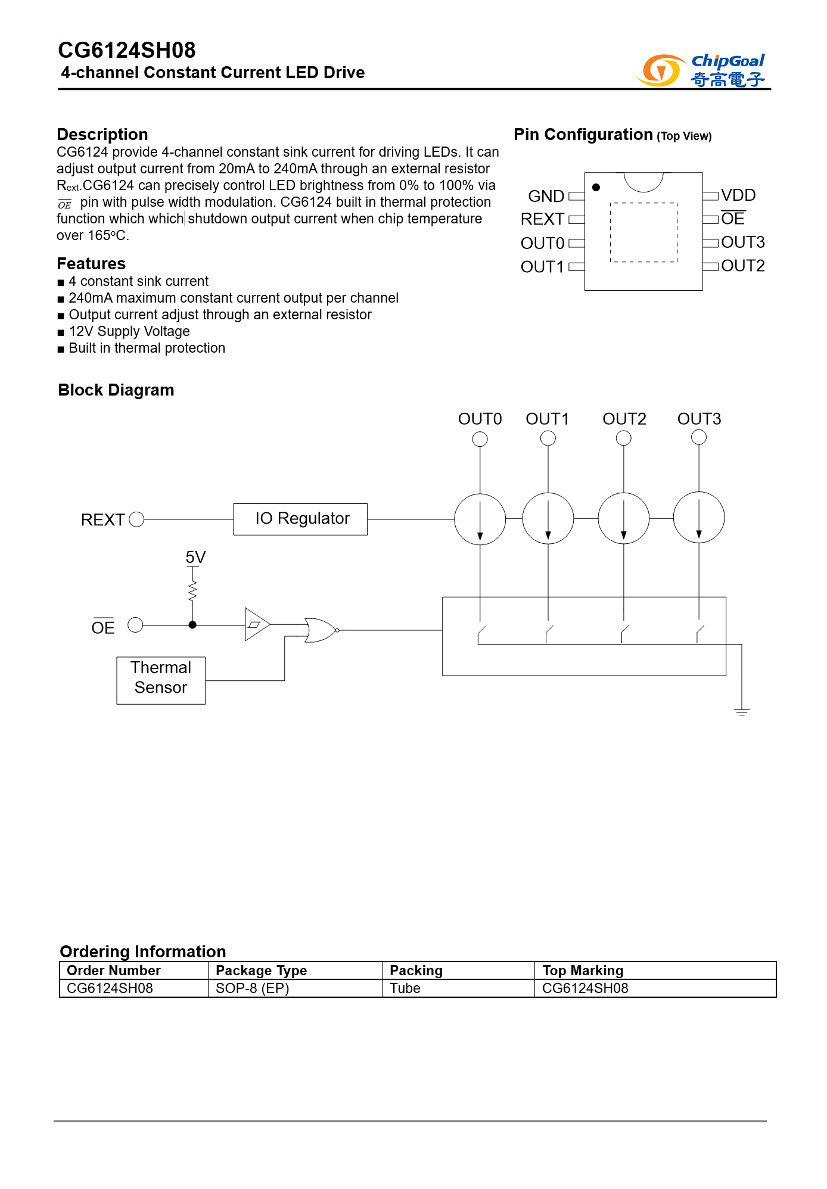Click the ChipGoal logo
click(701, 70)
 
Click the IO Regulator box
click(300, 519)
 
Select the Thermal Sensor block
click(161, 680)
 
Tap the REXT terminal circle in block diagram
click(136, 519)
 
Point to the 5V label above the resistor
click(195, 557)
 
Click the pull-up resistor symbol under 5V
click(192, 591)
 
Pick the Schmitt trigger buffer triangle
click(256, 624)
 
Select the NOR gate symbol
click(321, 630)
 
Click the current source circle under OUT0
click(480, 519)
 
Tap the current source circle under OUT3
click(699, 517)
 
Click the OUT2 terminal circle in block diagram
click(624, 438)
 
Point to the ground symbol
click(742, 711)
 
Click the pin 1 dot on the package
click(596, 188)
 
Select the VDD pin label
click(738, 195)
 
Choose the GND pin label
click(546, 196)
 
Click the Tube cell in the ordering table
click(405, 988)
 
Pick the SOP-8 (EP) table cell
click(252, 988)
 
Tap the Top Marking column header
click(583, 970)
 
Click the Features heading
click(91, 263)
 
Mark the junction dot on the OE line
click(192, 625)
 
